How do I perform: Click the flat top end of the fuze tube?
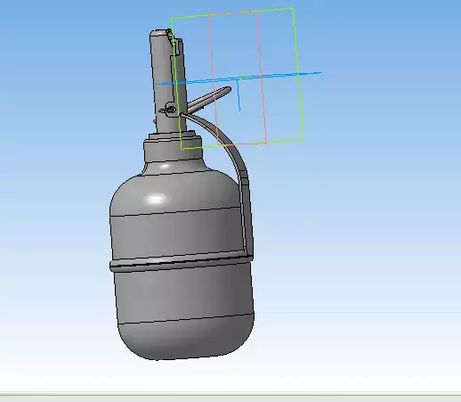[x=158, y=33]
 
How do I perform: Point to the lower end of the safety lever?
[x=247, y=234]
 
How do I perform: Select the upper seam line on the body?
[x=178, y=214]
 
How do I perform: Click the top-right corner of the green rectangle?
[x=293, y=9]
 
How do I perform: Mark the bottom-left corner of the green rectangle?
[x=182, y=148]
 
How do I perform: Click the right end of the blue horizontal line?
[x=320, y=73]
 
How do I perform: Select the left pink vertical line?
[x=211, y=80]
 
